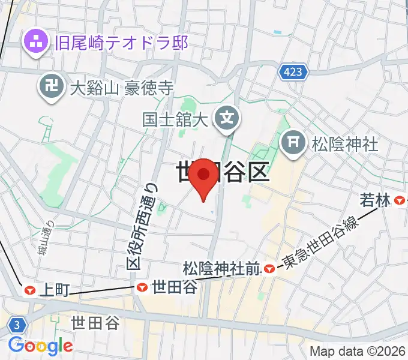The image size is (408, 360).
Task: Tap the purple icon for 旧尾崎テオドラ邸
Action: [35, 42]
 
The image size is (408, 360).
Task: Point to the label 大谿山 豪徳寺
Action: [121, 89]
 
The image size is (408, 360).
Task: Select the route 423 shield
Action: [293, 73]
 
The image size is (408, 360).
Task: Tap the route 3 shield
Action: [18, 325]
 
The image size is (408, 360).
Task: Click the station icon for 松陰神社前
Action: [270, 268]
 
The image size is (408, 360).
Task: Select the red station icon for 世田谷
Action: [142, 288]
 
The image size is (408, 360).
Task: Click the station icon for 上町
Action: [29, 290]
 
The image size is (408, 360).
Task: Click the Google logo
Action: [40, 346]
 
